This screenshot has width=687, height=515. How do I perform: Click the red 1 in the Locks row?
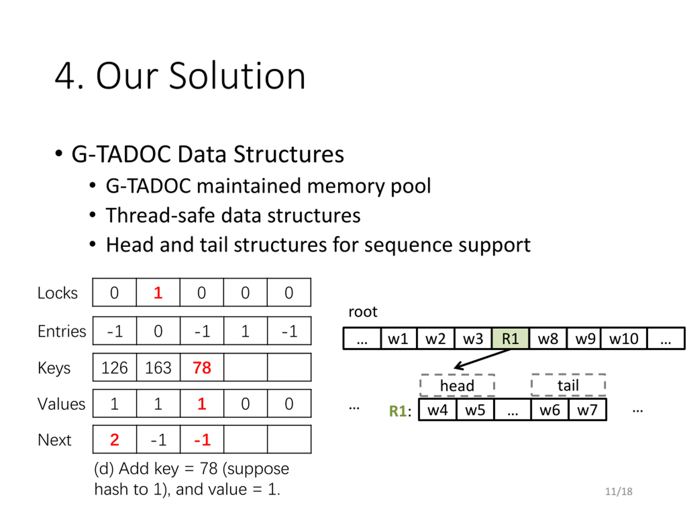(158, 292)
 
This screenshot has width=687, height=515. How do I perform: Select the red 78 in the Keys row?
(202, 367)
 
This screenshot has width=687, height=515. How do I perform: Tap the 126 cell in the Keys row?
(114, 367)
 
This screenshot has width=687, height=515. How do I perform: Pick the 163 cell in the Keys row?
(158, 367)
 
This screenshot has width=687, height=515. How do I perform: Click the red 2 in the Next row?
(114, 440)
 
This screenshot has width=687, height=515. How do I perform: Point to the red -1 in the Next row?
(202, 440)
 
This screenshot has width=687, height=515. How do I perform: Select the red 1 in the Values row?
(202, 404)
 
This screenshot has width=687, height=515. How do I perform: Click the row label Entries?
(61, 331)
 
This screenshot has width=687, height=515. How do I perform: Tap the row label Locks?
(57, 293)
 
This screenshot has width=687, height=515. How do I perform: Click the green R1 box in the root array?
(510, 338)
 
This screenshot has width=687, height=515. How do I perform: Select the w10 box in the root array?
(624, 338)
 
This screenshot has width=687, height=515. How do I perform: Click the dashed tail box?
(568, 385)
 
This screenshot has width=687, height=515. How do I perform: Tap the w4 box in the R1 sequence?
(437, 410)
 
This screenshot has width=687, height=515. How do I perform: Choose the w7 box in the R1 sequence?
(587, 410)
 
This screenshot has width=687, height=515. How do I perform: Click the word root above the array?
(363, 312)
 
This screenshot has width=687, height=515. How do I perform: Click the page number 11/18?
(618, 491)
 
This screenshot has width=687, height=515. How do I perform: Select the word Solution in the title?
(237, 76)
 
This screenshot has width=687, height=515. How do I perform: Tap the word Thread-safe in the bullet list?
(160, 215)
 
